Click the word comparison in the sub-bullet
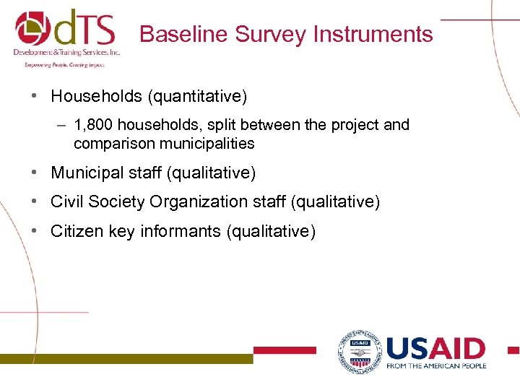(x=113, y=144)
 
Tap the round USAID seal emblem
(x=358, y=352)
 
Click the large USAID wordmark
(x=435, y=349)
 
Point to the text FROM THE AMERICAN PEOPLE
(x=436, y=366)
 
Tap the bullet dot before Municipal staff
(x=35, y=173)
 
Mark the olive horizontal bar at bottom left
(x=126, y=358)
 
